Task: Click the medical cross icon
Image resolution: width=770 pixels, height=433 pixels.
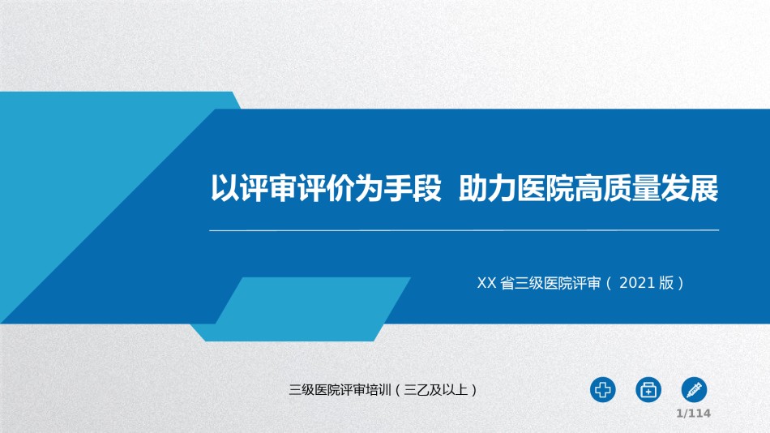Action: click(x=602, y=390)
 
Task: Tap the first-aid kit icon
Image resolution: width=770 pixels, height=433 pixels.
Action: click(x=648, y=390)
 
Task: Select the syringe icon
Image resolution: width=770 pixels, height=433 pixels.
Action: click(x=694, y=390)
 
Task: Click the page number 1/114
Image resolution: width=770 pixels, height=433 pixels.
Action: click(x=693, y=414)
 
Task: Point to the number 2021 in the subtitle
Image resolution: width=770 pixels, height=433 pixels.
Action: click(x=637, y=283)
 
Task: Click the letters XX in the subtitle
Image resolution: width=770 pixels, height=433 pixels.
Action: click(x=486, y=283)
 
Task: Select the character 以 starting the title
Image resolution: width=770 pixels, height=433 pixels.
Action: click(x=225, y=188)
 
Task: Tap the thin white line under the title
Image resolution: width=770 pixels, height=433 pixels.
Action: click(x=464, y=230)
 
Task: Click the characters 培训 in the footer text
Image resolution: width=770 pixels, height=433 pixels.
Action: click(x=379, y=390)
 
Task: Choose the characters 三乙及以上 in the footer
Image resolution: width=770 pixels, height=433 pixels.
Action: click(x=435, y=390)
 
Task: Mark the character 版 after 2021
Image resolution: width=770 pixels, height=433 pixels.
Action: click(x=666, y=283)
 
